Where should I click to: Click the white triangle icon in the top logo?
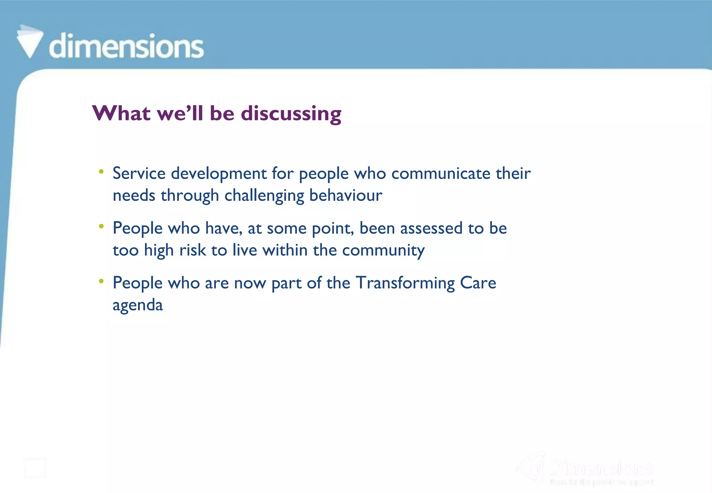coord(30,42)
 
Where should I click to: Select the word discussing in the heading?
coord(291,114)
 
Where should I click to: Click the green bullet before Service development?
coord(101,171)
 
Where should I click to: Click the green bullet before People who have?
coord(101,226)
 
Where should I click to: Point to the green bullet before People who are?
coord(101,281)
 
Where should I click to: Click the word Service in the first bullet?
coord(139,173)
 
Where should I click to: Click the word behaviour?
coord(346,195)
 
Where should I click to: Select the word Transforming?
coord(405,283)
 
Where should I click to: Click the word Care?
coord(478,283)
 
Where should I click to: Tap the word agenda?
coord(138,306)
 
